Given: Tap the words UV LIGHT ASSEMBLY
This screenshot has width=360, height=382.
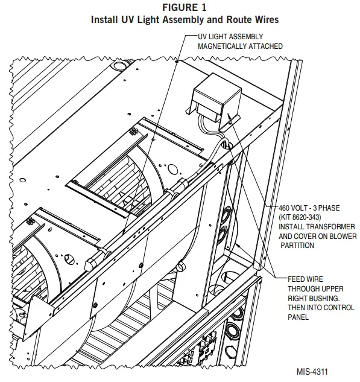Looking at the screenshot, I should pos(230,37).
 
